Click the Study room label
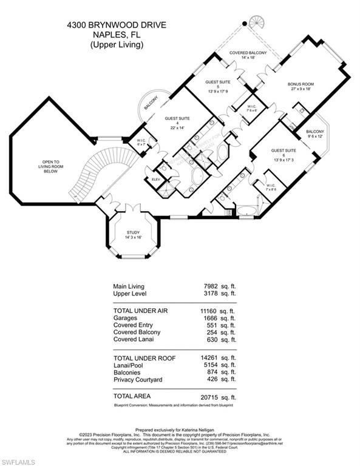click(134, 234)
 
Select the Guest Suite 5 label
click(217, 85)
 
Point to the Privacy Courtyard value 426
click(213, 380)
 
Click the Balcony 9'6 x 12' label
click(315, 133)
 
